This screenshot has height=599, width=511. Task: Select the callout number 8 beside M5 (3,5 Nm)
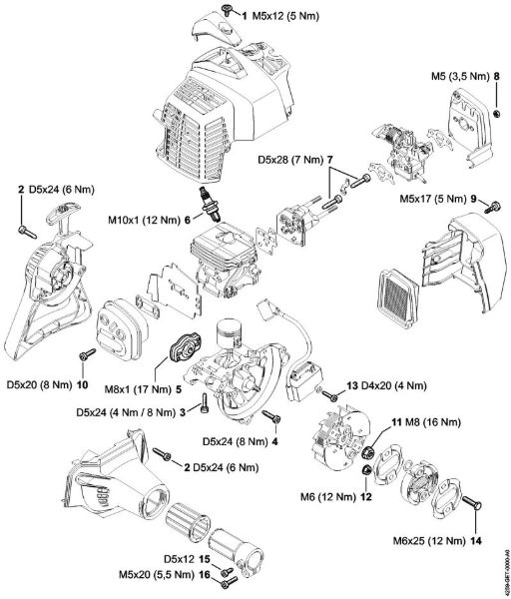click(496, 88)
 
